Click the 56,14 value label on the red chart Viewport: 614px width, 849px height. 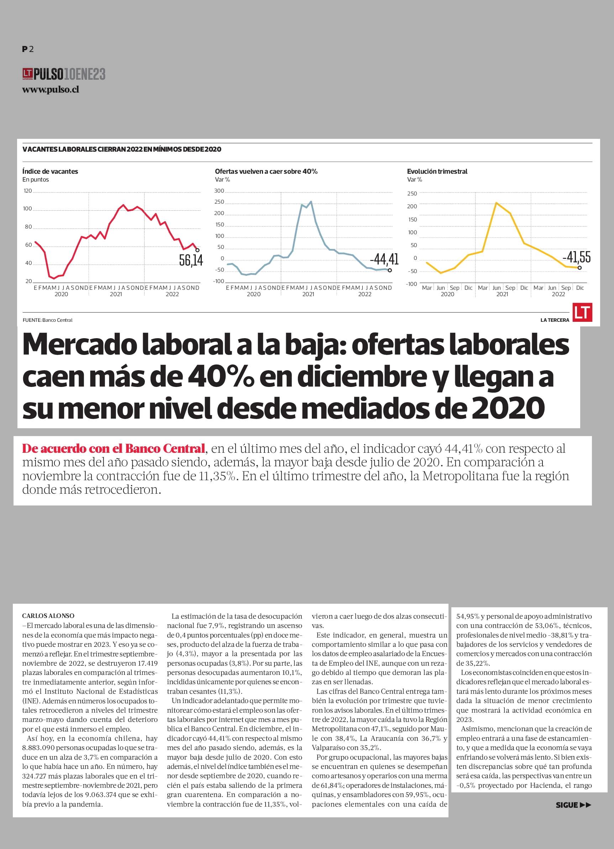[191, 261]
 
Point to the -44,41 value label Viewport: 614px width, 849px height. [384, 259]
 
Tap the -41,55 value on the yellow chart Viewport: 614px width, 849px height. [577, 257]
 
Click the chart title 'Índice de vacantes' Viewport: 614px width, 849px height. [50, 172]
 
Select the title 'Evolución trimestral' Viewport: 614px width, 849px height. [437, 172]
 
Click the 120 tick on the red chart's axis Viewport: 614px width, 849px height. [28, 191]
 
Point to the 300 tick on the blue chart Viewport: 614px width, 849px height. [219, 191]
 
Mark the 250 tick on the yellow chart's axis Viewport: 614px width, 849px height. [412, 194]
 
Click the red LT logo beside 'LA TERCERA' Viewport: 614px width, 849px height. [582, 312]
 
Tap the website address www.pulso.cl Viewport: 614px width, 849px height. [51, 90]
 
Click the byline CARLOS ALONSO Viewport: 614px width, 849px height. [48, 616]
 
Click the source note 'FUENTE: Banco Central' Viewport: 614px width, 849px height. [48, 320]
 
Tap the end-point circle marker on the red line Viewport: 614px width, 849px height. [198, 250]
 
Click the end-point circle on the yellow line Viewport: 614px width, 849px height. [579, 268]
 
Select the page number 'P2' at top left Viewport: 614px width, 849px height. [28, 49]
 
